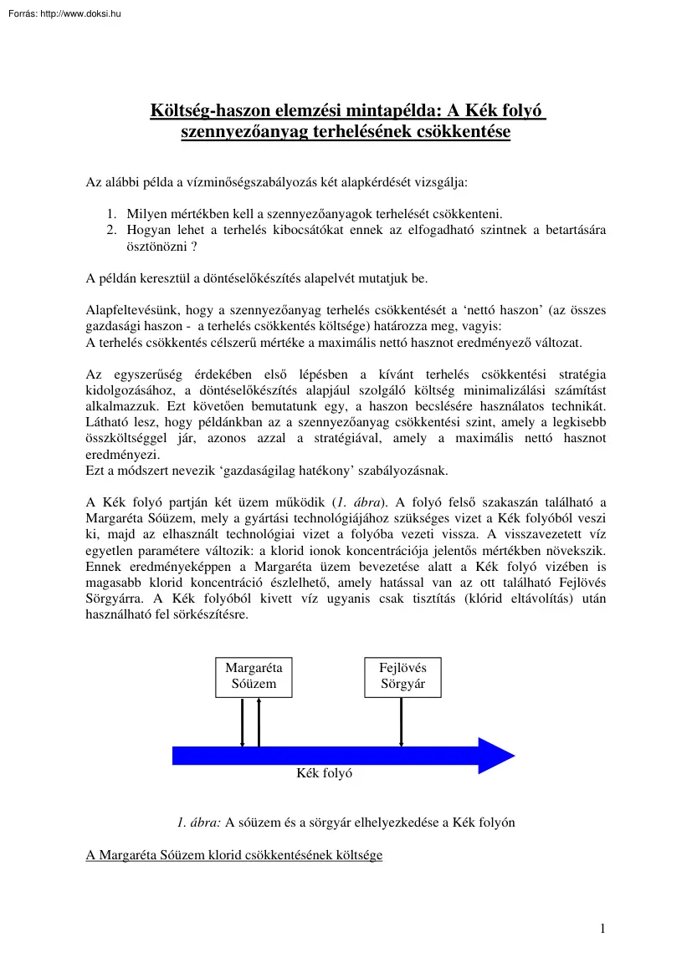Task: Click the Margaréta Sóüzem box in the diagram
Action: click(x=254, y=677)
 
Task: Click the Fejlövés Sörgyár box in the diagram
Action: click(x=402, y=677)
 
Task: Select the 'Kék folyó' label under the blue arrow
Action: click(x=325, y=774)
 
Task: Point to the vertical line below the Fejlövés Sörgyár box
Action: click(x=402, y=721)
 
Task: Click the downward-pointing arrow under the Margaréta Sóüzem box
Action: click(x=243, y=721)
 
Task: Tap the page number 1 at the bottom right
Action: click(x=602, y=930)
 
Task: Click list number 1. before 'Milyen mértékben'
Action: click(x=110, y=214)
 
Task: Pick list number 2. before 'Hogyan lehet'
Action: click(x=110, y=229)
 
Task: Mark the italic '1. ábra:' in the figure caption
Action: click(x=199, y=822)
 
